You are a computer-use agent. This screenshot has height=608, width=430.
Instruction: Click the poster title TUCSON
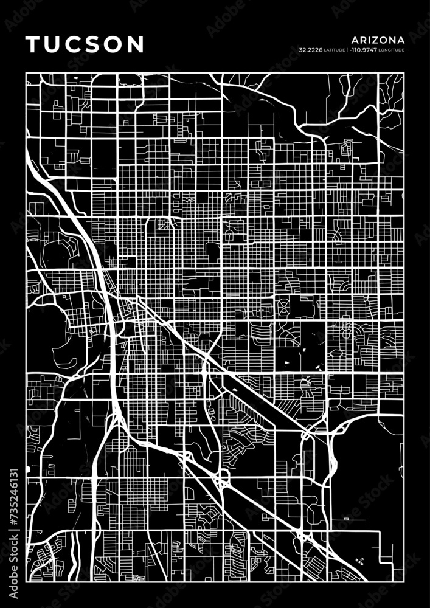coord(85,44)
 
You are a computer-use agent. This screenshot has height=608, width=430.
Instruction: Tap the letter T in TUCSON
coord(32,44)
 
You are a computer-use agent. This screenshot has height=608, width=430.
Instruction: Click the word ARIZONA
coord(378,40)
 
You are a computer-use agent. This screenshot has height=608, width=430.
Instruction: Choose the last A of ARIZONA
coord(400,40)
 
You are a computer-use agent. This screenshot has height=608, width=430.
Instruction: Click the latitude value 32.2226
coord(310,49)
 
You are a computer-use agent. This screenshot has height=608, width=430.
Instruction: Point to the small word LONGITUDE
coord(392,50)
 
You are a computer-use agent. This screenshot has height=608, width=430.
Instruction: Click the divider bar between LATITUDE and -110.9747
coord(347,49)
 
